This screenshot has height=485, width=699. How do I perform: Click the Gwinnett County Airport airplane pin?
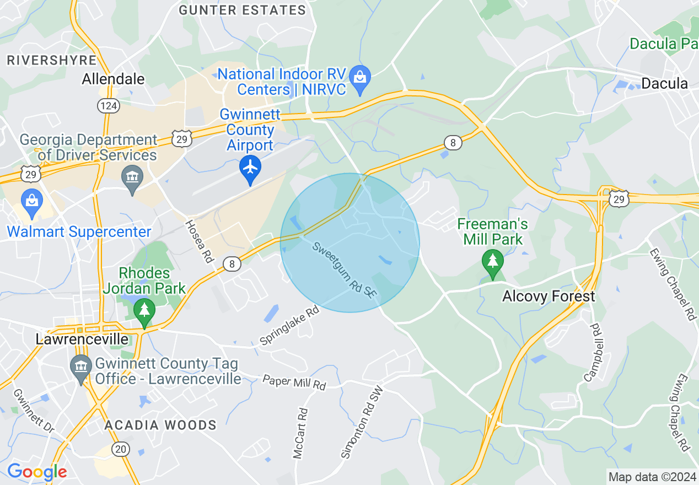point(250,168)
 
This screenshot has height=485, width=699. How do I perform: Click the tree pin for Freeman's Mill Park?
point(492,261)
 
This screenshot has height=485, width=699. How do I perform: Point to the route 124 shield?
point(109,105)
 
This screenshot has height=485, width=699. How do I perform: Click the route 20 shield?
point(121,449)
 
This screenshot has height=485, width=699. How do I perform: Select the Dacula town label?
point(665,84)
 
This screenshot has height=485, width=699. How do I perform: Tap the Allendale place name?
point(113,79)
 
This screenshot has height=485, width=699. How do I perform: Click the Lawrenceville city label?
point(82,339)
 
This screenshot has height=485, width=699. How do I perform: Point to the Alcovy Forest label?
point(549,297)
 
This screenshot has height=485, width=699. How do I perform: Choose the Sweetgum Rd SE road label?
point(345,270)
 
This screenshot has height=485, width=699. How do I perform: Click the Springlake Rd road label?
point(289,325)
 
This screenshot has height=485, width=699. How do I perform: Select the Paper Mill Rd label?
point(294,382)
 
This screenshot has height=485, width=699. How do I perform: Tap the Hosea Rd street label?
point(199,241)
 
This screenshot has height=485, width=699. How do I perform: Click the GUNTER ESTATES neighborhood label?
point(243,10)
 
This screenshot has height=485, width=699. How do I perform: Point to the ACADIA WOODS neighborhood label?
point(160,425)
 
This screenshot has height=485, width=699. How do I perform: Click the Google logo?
point(37,472)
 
